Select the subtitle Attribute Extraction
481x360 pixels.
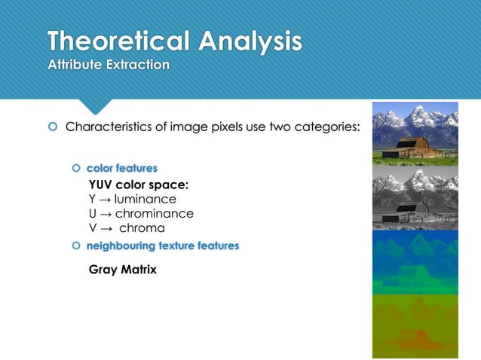109,65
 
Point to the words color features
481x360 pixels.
121,168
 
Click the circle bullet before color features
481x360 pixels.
76,168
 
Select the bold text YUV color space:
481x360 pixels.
138,185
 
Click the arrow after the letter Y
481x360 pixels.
103,200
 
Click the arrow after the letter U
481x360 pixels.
104,214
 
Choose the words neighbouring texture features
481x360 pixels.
162,246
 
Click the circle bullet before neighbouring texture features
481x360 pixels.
76,246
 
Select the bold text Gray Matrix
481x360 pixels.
122,270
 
